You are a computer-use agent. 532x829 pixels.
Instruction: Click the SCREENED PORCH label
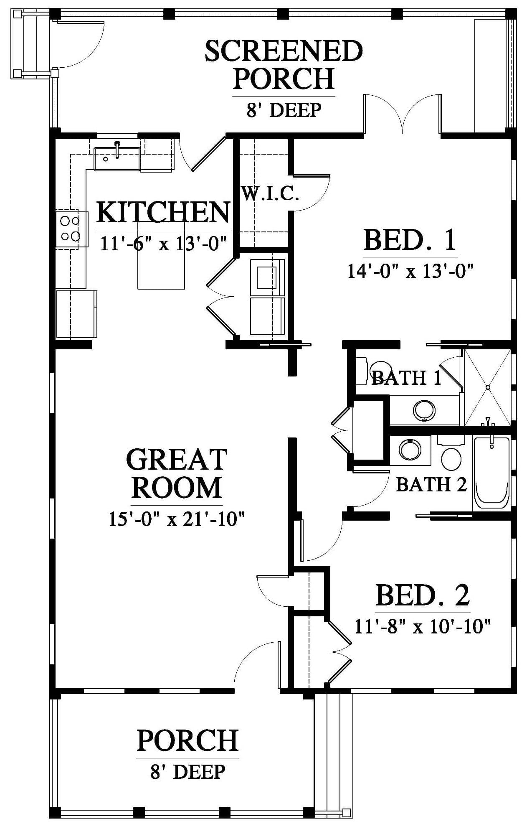(284, 64)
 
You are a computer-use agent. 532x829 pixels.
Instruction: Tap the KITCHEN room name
(163, 212)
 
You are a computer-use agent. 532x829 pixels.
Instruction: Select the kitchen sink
(117, 158)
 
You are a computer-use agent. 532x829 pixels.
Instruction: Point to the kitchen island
(162, 255)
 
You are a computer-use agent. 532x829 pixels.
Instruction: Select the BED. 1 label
(410, 240)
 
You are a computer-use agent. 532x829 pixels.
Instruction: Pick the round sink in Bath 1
(424, 411)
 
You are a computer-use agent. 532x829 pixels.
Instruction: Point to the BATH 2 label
(431, 485)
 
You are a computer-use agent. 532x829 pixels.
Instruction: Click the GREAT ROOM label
(177, 473)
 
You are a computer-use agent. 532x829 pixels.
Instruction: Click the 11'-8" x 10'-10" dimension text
(422, 626)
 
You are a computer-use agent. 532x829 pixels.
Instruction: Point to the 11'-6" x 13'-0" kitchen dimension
(163, 243)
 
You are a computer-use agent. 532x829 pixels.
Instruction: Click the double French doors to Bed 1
(402, 114)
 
